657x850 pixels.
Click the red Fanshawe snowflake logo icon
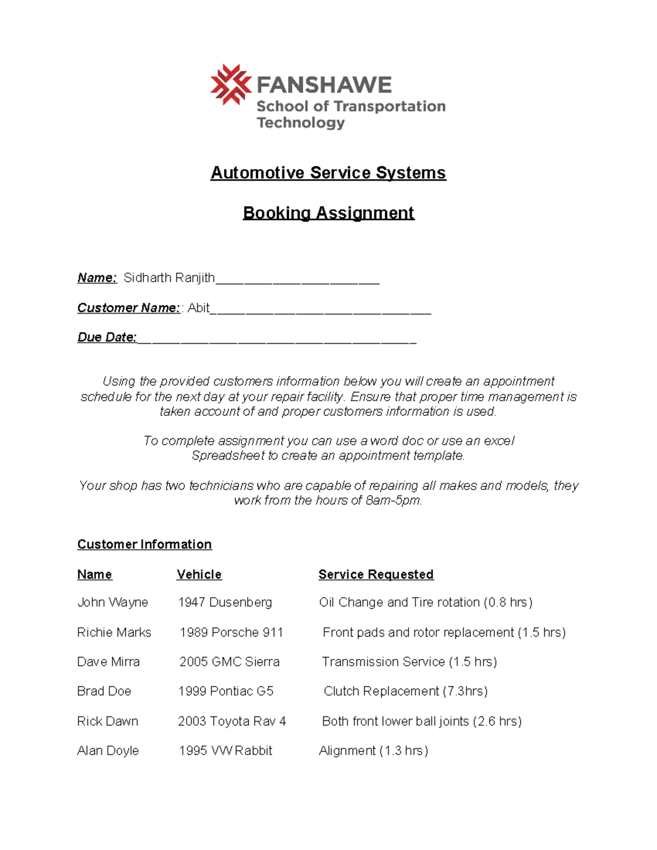[x=230, y=85]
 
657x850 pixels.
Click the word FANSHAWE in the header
[x=324, y=85]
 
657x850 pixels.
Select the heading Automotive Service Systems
[x=328, y=173]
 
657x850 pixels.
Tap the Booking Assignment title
[x=328, y=213]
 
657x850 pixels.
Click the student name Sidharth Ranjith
[x=169, y=278]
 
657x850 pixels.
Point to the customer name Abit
[x=198, y=308]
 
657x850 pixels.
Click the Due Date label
[x=107, y=337]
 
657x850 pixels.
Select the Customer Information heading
[x=145, y=545]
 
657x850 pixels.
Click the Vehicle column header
[x=199, y=575]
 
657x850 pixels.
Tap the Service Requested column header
[x=376, y=575]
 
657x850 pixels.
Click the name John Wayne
[x=113, y=603]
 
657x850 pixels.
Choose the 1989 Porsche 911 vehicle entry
[x=231, y=633]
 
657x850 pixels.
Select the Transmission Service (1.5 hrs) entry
[x=409, y=662]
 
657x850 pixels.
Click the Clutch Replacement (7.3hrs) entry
[x=405, y=691]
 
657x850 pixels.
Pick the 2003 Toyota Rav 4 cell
[x=232, y=721]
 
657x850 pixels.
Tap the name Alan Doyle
[x=108, y=751]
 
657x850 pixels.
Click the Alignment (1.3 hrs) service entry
[x=373, y=751]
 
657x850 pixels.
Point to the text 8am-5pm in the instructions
[x=393, y=500]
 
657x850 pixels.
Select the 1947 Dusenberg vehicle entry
[x=225, y=603]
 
